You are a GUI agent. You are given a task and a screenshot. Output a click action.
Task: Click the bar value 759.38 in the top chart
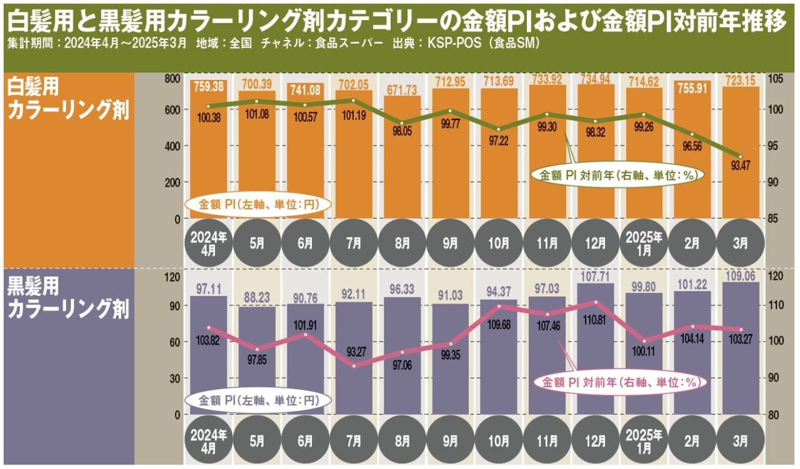[208, 84]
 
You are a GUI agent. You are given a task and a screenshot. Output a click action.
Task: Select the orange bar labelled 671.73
[402, 156]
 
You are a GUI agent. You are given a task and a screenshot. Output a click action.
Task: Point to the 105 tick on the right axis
[775, 79]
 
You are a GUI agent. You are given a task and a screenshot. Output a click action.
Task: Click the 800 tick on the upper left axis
[172, 79]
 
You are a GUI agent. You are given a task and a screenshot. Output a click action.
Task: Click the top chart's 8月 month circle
[402, 242]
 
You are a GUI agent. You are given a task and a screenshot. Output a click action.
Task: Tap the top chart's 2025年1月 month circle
[643, 242]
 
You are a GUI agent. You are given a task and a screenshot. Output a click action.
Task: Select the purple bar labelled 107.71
[595, 350]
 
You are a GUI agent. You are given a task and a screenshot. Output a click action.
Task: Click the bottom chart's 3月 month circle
[740, 437]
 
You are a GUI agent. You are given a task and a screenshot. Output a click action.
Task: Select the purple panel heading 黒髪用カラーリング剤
[67, 299]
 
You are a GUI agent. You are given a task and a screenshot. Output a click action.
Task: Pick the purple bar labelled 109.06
[740, 350]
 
